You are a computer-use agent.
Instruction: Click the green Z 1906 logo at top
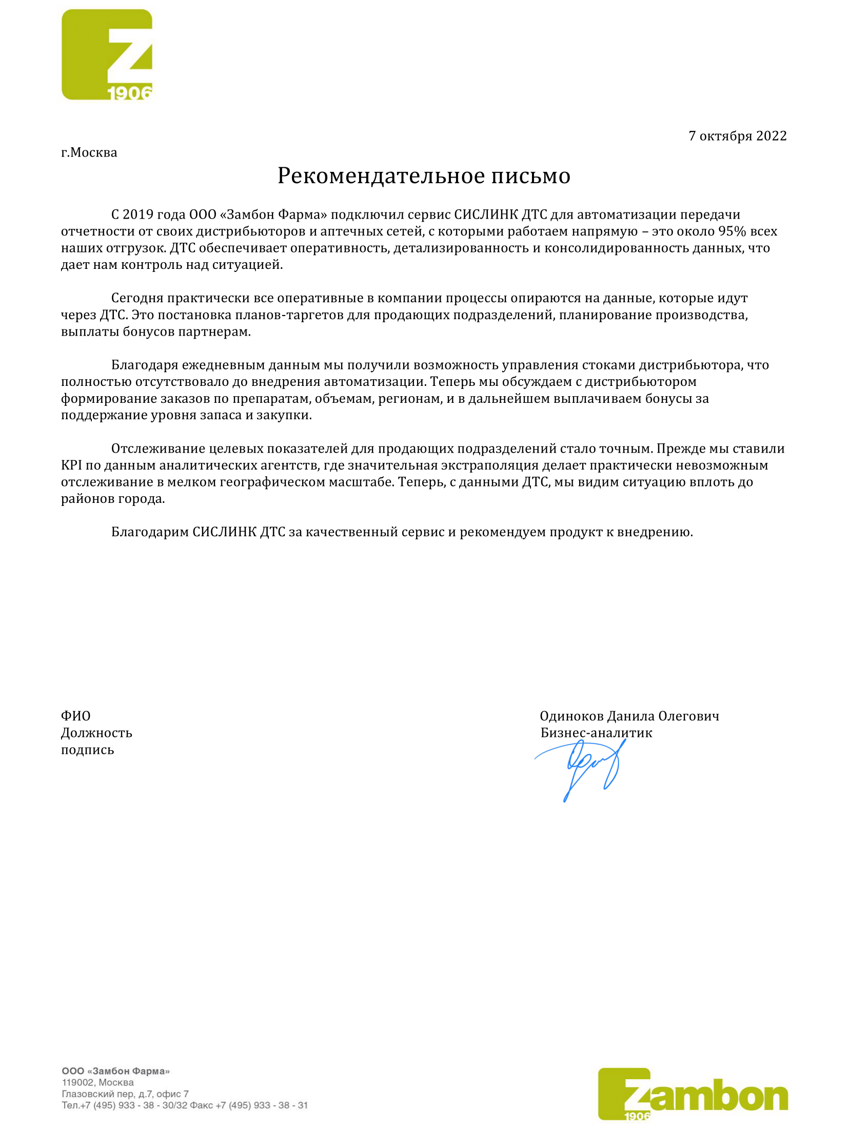click(107, 54)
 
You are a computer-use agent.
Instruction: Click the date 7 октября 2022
click(737, 136)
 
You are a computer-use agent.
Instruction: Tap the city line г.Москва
click(89, 153)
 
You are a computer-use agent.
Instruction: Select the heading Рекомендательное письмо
click(424, 176)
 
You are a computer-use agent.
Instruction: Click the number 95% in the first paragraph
click(732, 231)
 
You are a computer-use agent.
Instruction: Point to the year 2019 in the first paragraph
click(137, 215)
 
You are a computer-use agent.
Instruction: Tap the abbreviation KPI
click(71, 465)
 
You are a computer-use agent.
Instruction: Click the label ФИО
click(75, 716)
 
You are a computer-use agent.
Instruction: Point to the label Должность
click(96, 733)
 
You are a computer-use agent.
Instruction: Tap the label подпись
click(87, 750)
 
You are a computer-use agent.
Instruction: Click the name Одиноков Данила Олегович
click(629, 716)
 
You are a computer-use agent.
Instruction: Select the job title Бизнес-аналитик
click(596, 733)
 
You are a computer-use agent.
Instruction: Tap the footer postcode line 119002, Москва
click(97, 1082)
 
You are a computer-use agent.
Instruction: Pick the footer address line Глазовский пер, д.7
click(125, 1094)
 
